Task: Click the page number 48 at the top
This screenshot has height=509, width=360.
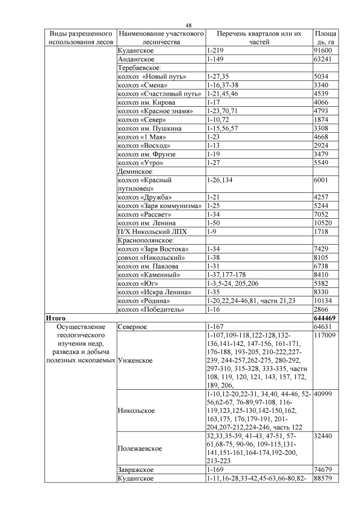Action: (188, 25)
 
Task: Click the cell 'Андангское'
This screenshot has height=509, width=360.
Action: (136, 58)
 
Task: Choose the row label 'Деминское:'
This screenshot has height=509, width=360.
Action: (135, 171)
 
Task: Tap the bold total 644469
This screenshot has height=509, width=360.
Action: (326, 318)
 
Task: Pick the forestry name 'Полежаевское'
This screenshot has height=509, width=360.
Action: (140, 449)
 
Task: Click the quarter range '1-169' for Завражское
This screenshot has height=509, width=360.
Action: (216, 469)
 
